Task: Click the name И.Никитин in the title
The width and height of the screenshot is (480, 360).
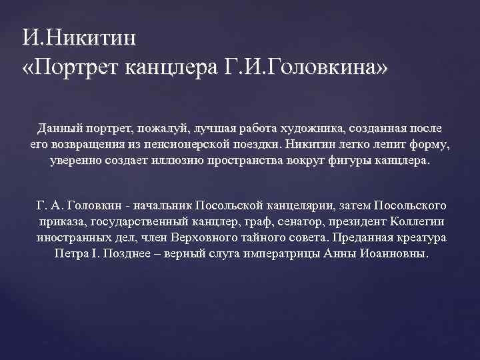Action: coord(78,35)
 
